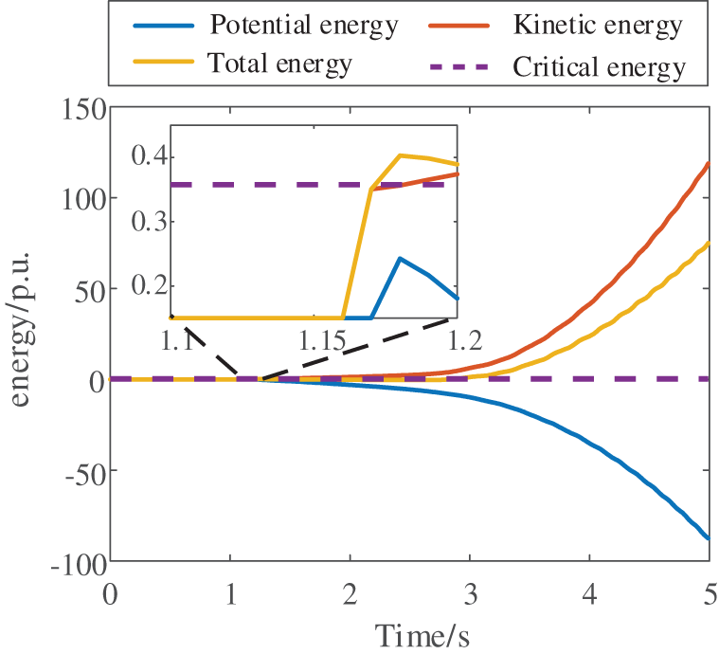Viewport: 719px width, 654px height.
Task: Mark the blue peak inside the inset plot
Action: pyautogui.click(x=401, y=258)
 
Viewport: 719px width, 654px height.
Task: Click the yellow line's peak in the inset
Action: pyautogui.click(x=401, y=154)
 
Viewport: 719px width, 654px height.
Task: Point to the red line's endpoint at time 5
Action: pyautogui.click(x=709, y=162)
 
